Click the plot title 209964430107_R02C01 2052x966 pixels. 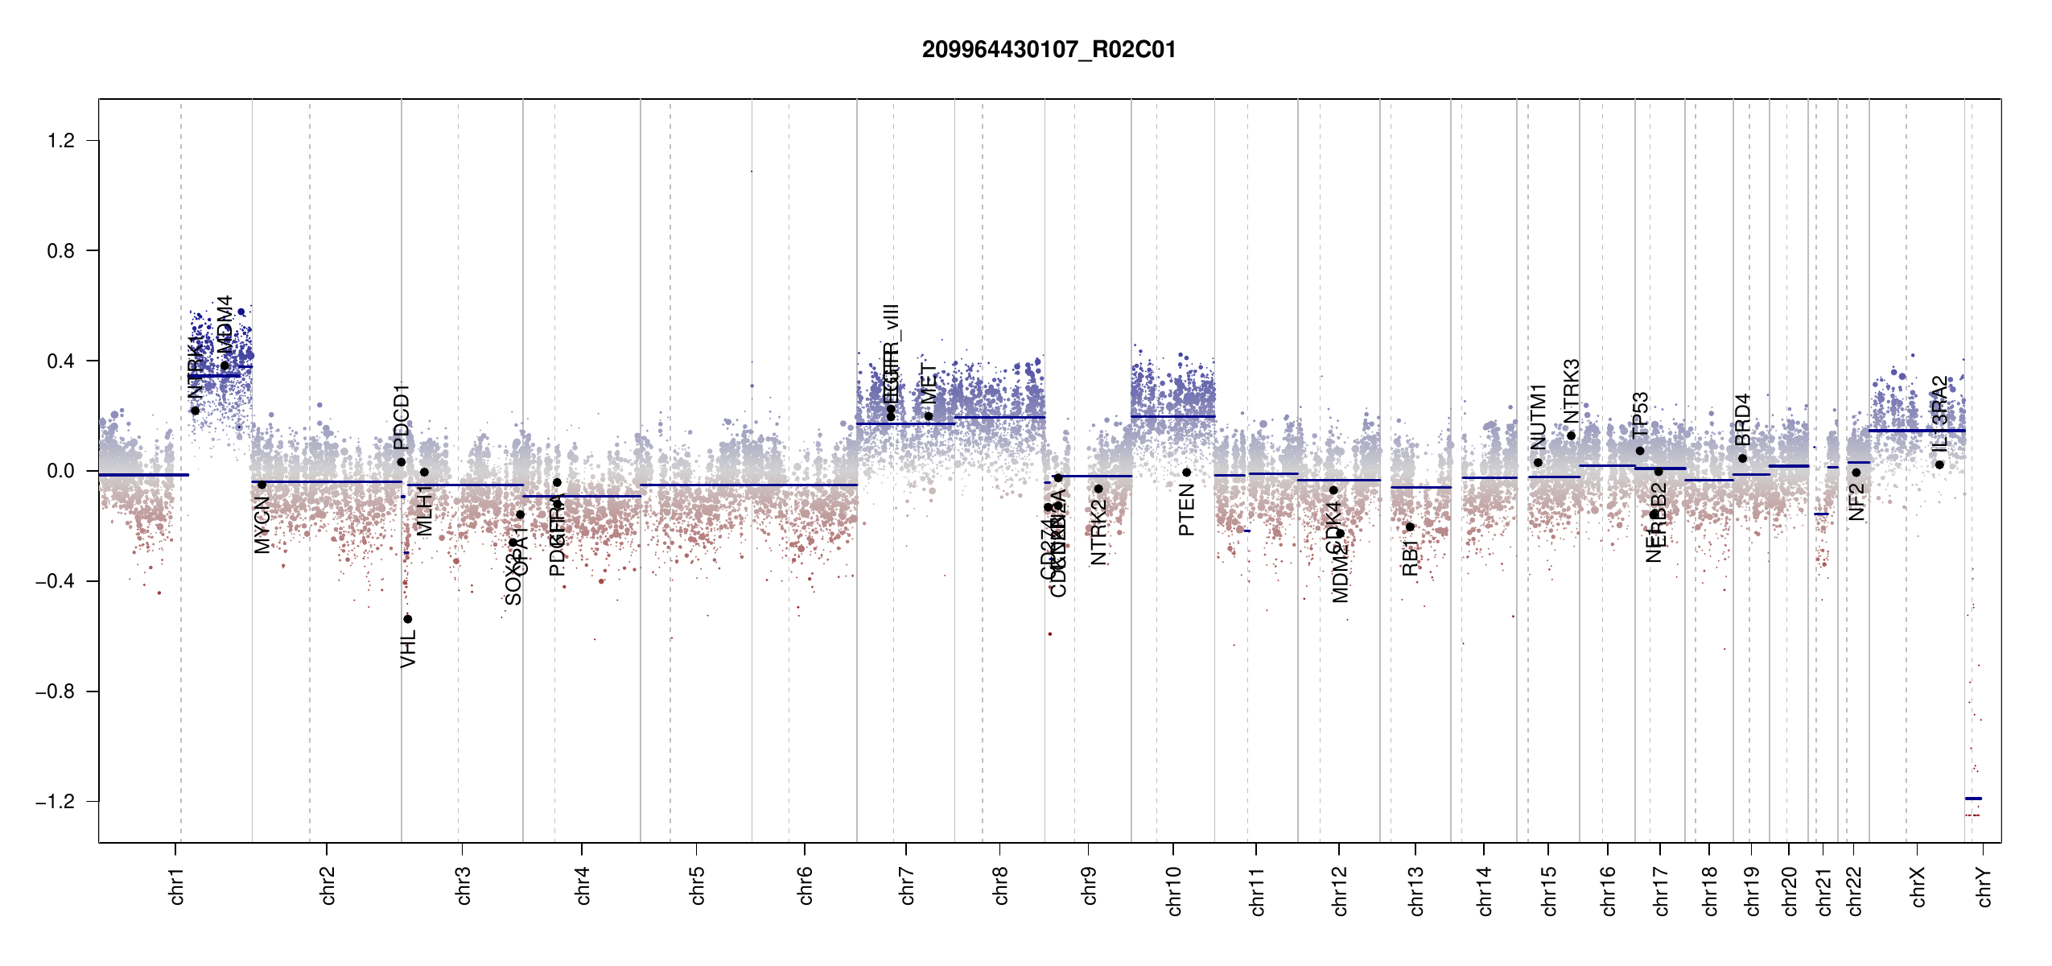coord(1049,50)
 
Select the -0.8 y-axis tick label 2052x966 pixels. coord(56,691)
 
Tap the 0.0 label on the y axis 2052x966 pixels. coord(61,471)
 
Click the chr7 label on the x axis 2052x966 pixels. coord(907,885)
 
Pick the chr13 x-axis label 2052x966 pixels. coord(1416,890)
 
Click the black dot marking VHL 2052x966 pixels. coord(408,619)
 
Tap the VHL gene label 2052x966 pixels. coord(409,649)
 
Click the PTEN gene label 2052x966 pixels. coord(1186,516)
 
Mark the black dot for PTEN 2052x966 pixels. coord(1186,473)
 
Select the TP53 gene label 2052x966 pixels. coord(1641,414)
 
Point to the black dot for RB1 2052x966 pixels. coord(1410,526)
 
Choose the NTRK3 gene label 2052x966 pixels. coord(1572,390)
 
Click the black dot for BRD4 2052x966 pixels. coord(1742,459)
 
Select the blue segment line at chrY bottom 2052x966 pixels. coord(1973,799)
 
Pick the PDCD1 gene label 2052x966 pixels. coord(402,417)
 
